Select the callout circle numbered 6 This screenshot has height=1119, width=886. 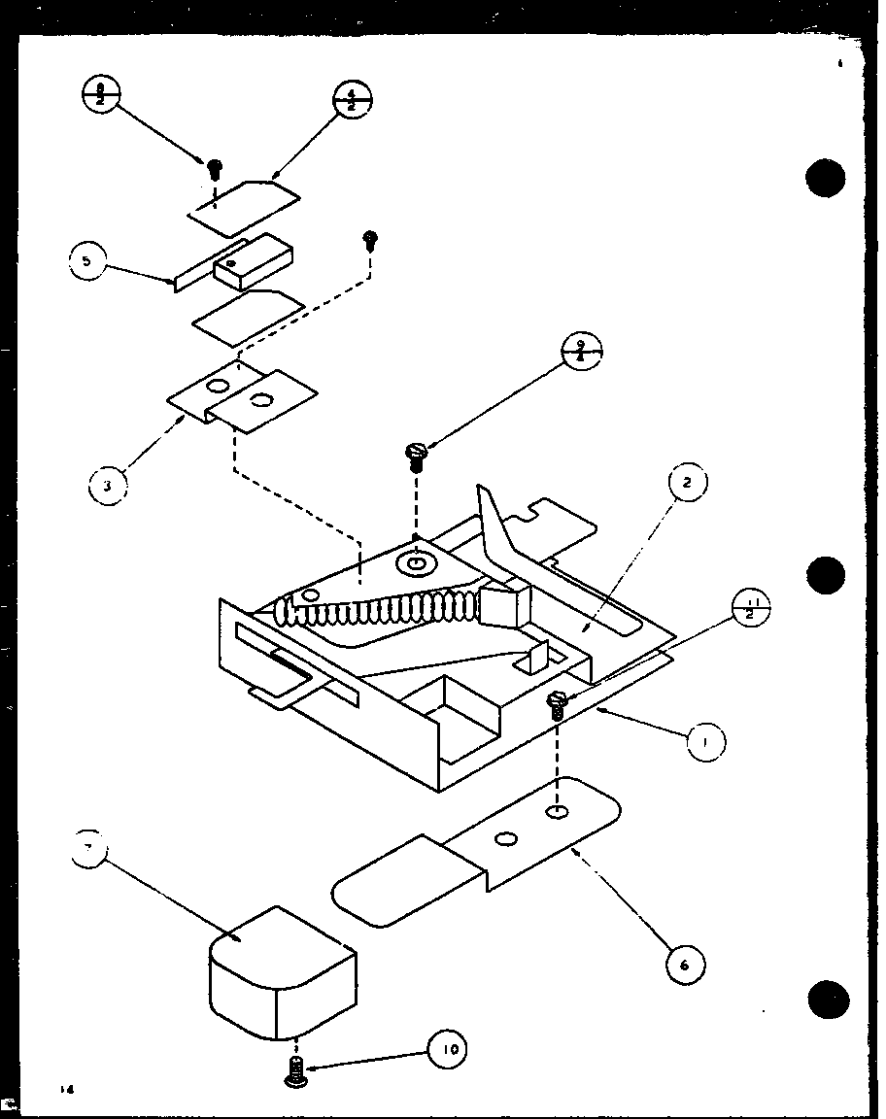pyautogui.click(x=686, y=964)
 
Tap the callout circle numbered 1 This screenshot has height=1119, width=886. pyautogui.click(x=706, y=743)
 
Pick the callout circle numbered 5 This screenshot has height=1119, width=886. pyautogui.click(x=87, y=261)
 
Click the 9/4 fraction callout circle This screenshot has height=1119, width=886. pyautogui.click(x=583, y=351)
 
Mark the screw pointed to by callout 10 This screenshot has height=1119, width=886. pyautogui.click(x=294, y=1073)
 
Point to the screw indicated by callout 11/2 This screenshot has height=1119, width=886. pyautogui.click(x=558, y=704)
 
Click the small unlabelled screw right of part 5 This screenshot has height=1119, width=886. pyautogui.click(x=369, y=238)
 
